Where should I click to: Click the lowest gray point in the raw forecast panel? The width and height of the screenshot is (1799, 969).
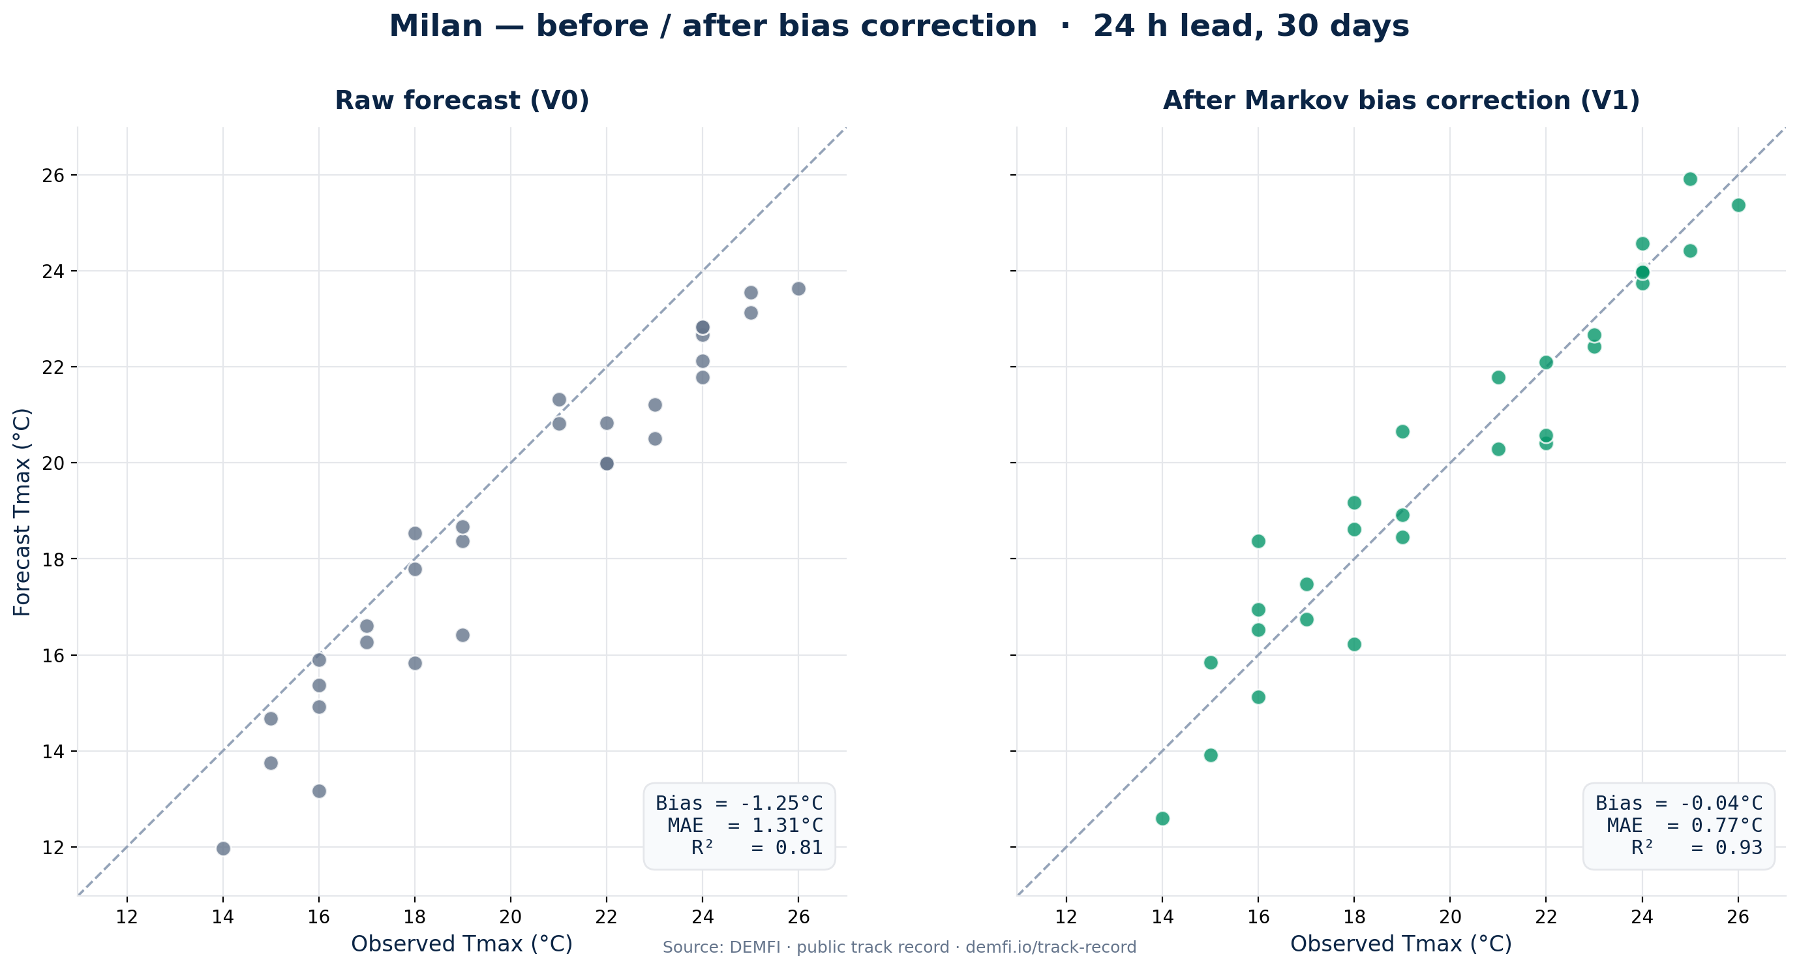point(224,848)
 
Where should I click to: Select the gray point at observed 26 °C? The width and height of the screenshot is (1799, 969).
point(798,288)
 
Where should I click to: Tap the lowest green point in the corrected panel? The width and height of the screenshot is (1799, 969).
point(1162,818)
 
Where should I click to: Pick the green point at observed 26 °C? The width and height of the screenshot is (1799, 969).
point(1738,205)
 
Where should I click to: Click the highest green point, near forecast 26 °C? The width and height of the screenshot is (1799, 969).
point(1690,179)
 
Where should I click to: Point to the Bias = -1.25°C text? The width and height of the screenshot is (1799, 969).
point(739,803)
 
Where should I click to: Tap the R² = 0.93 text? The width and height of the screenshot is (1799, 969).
point(1697,848)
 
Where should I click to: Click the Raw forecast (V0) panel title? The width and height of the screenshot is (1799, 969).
point(462,100)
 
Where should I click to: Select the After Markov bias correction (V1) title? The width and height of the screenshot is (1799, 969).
point(1401,100)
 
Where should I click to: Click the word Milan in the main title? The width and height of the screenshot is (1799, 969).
point(436,27)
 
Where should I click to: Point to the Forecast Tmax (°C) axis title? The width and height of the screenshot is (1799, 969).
point(22,512)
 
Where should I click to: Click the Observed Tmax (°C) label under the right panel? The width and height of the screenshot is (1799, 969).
point(1400,944)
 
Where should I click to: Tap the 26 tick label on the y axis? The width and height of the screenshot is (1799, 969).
point(53,175)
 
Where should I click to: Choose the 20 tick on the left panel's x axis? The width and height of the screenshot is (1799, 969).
point(511,916)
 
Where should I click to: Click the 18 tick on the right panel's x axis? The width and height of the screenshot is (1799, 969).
point(1354,916)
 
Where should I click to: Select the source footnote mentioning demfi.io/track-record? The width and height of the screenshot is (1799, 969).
point(899,947)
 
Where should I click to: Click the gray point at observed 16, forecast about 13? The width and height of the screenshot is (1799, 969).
point(319,791)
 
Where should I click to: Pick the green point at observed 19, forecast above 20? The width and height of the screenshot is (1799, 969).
point(1402,431)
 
